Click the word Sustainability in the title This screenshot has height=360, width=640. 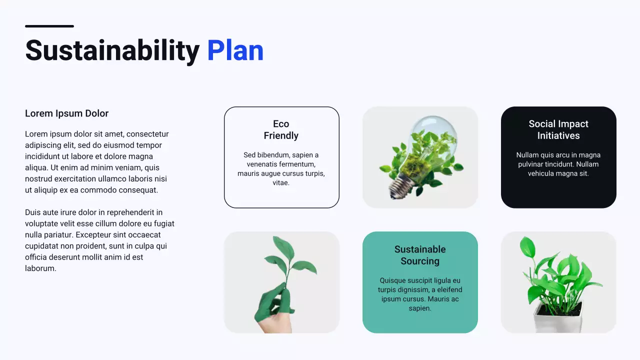click(x=112, y=51)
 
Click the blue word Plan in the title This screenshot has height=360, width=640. click(x=235, y=51)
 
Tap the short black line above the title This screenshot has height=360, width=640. click(x=49, y=26)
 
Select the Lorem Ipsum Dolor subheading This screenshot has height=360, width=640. click(x=66, y=113)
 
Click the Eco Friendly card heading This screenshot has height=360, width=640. click(x=281, y=130)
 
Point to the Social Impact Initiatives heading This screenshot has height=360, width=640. click(x=558, y=130)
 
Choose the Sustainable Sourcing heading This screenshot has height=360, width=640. click(x=420, y=255)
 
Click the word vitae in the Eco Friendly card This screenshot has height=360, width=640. click(x=281, y=183)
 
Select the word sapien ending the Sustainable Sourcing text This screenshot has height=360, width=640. click(x=419, y=308)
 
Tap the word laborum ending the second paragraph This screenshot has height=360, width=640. click(x=40, y=268)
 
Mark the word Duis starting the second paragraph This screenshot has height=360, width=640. click(x=33, y=212)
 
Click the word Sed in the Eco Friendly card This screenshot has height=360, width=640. click(x=249, y=155)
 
